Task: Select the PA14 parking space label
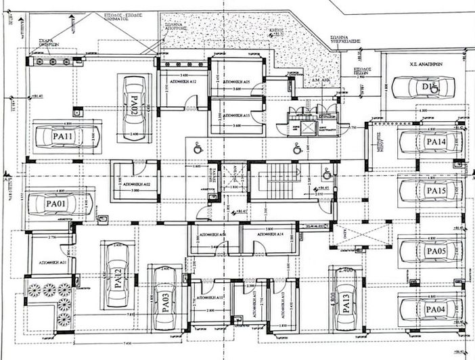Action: click(x=434, y=142)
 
